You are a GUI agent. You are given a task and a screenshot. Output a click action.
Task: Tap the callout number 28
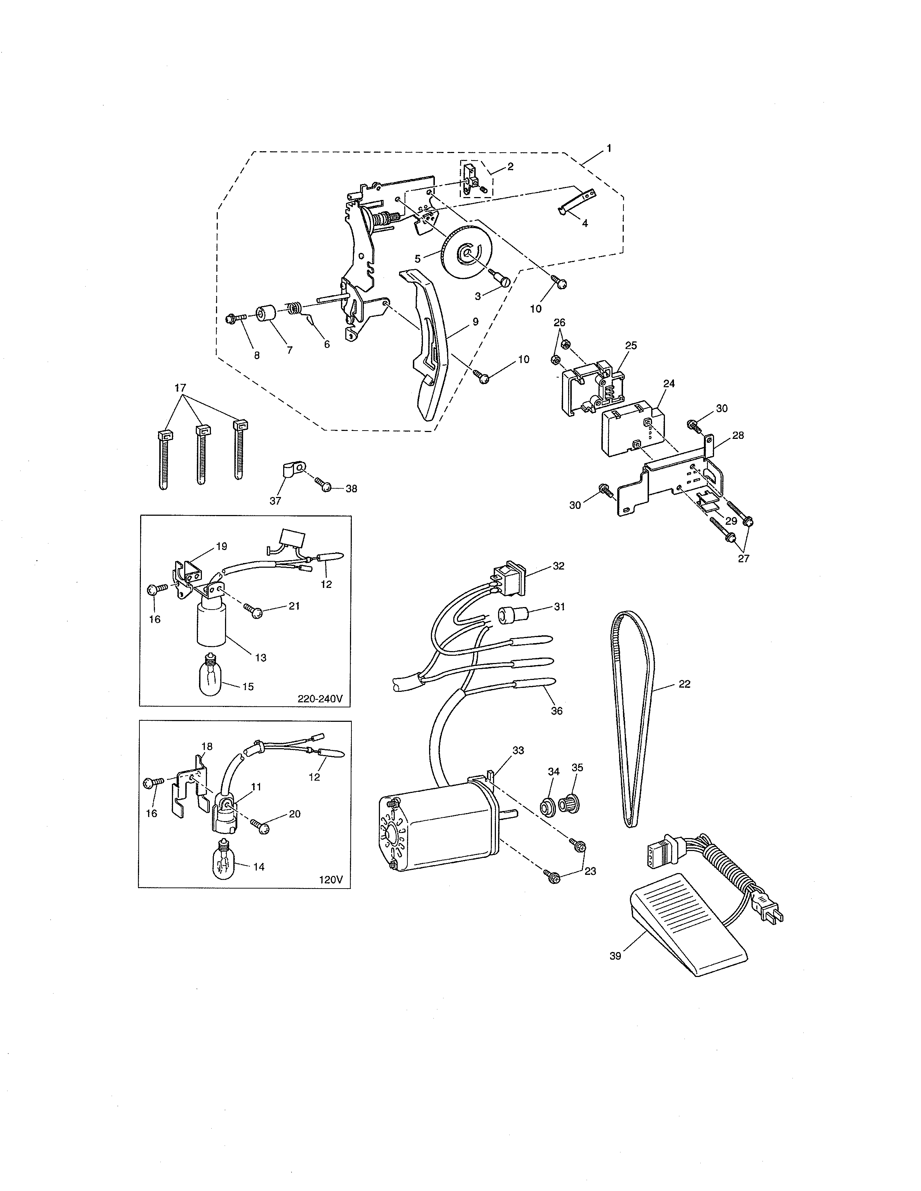tap(738, 435)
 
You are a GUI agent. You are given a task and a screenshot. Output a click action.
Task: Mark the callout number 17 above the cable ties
tap(180, 388)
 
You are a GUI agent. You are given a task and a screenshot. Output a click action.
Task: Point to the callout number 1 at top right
tap(609, 148)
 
